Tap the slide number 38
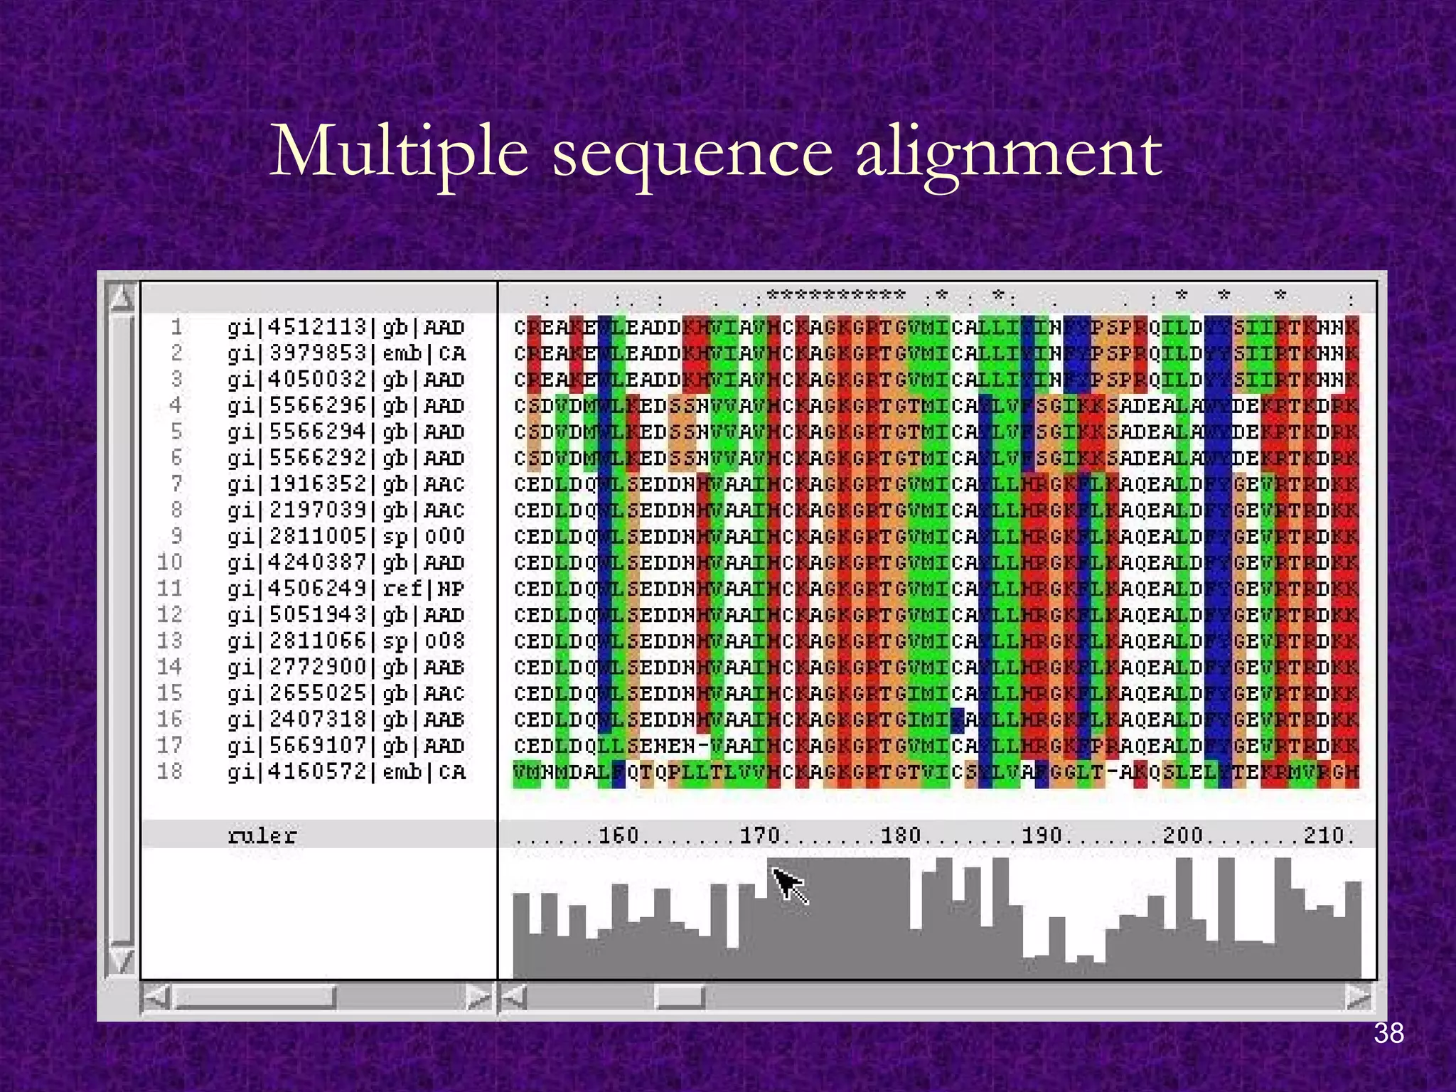click(x=1388, y=1034)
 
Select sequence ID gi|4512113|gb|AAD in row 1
click(x=346, y=328)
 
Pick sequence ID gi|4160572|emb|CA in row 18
click(x=346, y=772)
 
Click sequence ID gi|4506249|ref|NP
click(x=346, y=589)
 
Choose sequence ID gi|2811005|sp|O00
click(x=346, y=537)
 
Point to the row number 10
click(x=170, y=562)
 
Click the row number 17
click(x=170, y=746)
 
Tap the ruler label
click(x=262, y=835)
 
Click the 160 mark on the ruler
click(x=619, y=835)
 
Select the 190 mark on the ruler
click(x=1042, y=835)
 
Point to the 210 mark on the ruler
click(x=1323, y=835)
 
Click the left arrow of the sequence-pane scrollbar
click(x=513, y=997)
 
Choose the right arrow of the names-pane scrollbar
click(x=479, y=997)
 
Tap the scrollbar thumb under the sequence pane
click(x=680, y=997)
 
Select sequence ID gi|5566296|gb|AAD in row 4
click(x=346, y=406)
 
